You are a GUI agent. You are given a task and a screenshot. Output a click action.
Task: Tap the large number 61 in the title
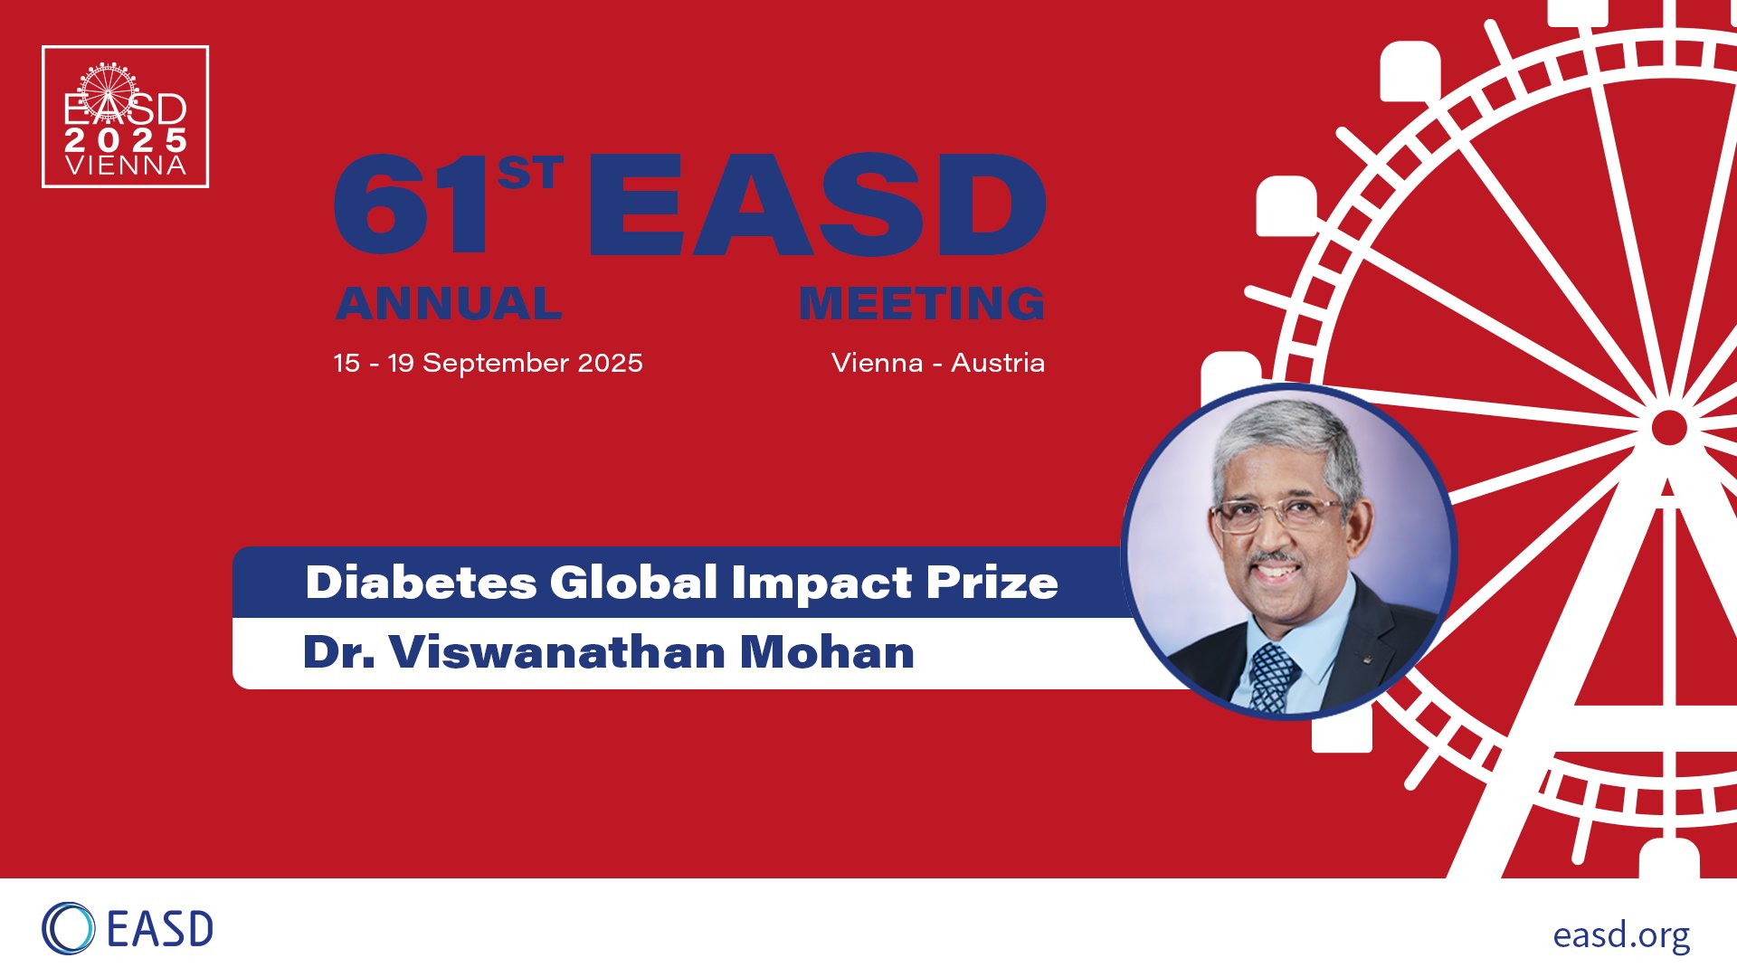coord(413,205)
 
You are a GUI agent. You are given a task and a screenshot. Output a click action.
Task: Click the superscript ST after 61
coord(530,172)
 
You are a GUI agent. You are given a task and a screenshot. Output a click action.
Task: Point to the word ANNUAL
coord(449,304)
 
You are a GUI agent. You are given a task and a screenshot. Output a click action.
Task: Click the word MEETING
coord(922,304)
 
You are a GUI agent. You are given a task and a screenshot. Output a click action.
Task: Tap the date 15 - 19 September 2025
coord(489,363)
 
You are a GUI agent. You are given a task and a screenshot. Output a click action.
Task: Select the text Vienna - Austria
coord(938,363)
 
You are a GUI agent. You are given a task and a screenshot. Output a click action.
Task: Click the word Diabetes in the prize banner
coord(422,582)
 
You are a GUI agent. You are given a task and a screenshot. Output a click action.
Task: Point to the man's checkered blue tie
coord(1274,677)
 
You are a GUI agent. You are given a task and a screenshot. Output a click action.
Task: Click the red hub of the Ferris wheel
coord(1669,428)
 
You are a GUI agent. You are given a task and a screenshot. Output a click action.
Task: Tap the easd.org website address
coord(1621,935)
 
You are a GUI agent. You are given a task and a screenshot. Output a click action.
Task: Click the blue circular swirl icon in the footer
coord(68,928)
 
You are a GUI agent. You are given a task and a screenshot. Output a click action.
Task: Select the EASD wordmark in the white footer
coord(160,929)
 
